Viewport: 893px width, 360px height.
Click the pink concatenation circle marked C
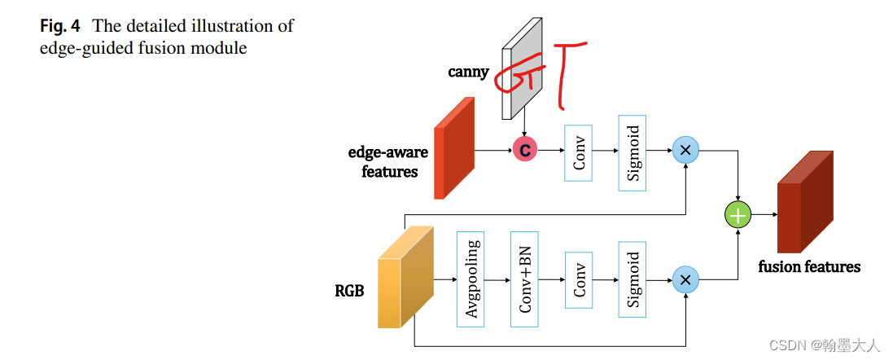pyautogui.click(x=525, y=150)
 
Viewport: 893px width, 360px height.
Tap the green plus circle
pyautogui.click(x=738, y=216)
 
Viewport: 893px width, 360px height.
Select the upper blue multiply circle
pyautogui.click(x=685, y=150)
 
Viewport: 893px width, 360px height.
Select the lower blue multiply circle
pyautogui.click(x=685, y=280)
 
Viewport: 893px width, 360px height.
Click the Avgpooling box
pyautogui.click(x=471, y=279)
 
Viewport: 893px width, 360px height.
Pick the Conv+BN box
pyautogui.click(x=525, y=279)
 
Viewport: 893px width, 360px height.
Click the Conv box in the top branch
pyautogui.click(x=579, y=153)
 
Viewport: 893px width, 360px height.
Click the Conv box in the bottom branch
pyautogui.click(x=579, y=279)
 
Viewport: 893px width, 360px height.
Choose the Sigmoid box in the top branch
pyautogui.click(x=633, y=153)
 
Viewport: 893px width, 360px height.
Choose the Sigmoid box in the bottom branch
pyautogui.click(x=633, y=279)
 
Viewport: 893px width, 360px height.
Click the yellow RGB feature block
pyautogui.click(x=405, y=277)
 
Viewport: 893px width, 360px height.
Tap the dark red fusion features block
pyautogui.click(x=805, y=204)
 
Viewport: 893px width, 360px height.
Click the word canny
pyautogui.click(x=468, y=72)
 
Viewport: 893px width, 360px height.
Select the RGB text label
pyautogui.click(x=349, y=291)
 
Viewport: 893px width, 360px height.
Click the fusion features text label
pyautogui.click(x=809, y=266)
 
